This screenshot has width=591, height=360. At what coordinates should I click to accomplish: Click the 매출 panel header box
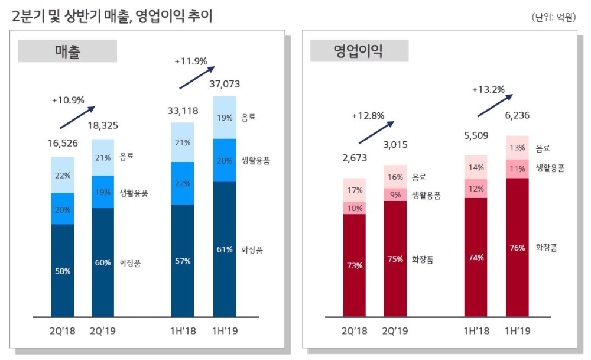pyautogui.click(x=67, y=51)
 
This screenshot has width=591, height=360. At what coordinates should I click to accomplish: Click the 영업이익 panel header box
pyautogui.click(x=359, y=51)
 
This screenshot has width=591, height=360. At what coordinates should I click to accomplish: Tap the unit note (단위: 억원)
pyautogui.click(x=553, y=17)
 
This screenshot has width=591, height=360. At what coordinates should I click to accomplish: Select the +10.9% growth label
pyautogui.click(x=68, y=100)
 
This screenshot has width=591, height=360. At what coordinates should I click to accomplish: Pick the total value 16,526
pyautogui.click(x=63, y=143)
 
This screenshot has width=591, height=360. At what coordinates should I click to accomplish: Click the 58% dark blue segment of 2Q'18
pyautogui.click(x=63, y=270)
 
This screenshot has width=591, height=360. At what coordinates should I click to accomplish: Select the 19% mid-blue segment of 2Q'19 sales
pyautogui.click(x=103, y=192)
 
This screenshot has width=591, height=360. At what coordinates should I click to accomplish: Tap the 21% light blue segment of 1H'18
pyautogui.click(x=183, y=142)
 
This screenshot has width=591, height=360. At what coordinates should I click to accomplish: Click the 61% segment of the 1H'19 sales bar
pyautogui.click(x=224, y=249)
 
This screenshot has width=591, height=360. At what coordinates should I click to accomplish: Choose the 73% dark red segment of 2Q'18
pyautogui.click(x=355, y=265)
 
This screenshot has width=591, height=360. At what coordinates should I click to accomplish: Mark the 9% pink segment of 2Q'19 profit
pyautogui.click(x=395, y=194)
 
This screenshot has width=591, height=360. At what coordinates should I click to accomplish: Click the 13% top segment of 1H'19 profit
pyautogui.click(x=517, y=148)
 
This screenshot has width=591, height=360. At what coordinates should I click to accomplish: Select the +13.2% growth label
pyautogui.click(x=488, y=90)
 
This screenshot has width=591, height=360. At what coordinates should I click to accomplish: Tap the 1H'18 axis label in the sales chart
pyautogui.click(x=183, y=331)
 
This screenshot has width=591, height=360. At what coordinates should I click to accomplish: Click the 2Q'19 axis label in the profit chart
pyautogui.click(x=395, y=331)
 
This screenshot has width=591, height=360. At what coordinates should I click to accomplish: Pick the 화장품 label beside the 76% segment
pyautogui.click(x=546, y=248)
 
